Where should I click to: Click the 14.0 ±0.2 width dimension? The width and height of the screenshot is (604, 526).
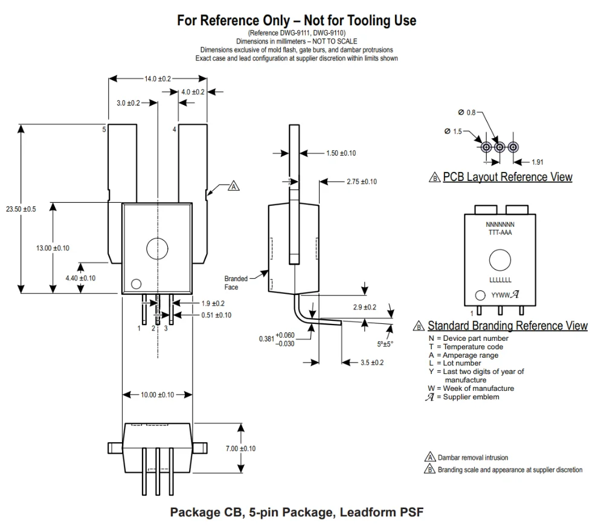click(x=157, y=78)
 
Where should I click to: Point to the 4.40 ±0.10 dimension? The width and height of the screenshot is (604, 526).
click(x=80, y=278)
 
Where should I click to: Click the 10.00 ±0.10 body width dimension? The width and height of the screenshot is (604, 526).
click(x=157, y=394)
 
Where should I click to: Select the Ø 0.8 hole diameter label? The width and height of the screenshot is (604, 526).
click(x=467, y=113)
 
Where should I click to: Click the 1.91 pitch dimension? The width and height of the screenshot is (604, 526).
click(x=537, y=162)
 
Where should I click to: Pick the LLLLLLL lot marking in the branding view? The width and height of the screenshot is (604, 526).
click(x=500, y=280)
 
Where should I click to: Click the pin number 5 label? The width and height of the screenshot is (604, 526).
click(x=104, y=129)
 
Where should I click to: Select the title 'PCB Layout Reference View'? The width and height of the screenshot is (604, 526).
click(x=507, y=177)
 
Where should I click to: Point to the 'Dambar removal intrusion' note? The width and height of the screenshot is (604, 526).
click(x=472, y=458)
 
